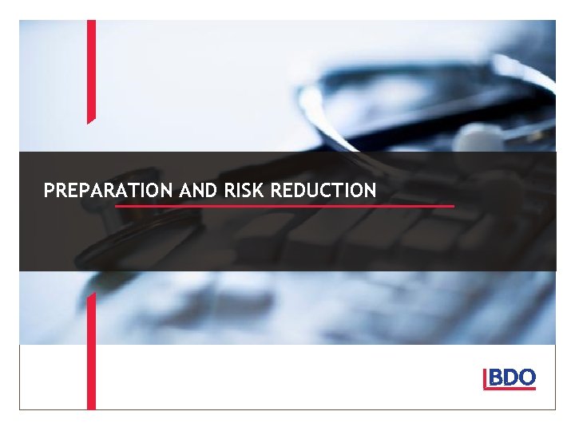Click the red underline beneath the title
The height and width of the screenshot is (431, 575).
(284, 206)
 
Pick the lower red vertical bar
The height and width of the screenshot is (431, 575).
(91, 351)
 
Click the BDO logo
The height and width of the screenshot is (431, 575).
(510, 379)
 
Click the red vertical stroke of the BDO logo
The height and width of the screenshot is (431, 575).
(485, 379)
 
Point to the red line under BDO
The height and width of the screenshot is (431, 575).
(511, 389)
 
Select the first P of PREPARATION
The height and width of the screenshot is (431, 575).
(50, 191)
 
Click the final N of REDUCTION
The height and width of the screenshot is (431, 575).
(370, 191)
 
